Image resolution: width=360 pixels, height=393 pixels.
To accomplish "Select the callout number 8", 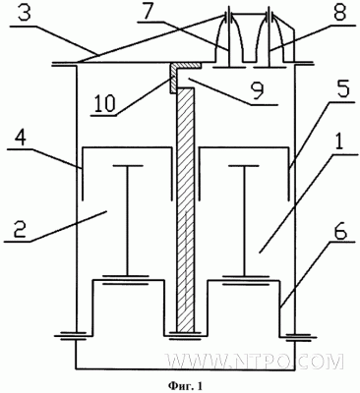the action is point(335,14).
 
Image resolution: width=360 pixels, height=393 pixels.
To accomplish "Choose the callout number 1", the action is point(340,142).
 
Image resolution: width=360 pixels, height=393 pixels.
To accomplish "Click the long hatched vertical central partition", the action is point(186,210).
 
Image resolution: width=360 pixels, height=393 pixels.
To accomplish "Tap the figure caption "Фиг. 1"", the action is point(185,385).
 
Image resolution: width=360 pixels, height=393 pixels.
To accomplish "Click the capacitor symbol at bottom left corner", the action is point(76,337).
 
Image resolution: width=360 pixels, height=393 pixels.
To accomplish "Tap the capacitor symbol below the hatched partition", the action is point(186,335).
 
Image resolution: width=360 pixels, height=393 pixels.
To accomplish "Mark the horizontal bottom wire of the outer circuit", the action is point(185,367).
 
